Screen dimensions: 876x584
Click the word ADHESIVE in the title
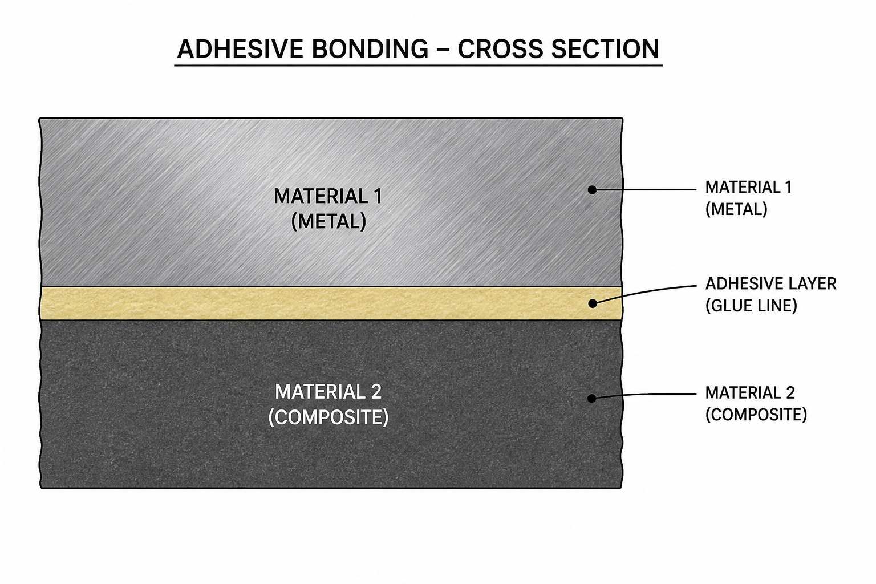click(240, 49)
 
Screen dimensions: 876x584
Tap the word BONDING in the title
click(370, 49)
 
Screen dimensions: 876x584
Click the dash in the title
click(443, 50)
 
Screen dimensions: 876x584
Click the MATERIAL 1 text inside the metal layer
click(328, 196)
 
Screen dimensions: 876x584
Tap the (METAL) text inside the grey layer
click(328, 221)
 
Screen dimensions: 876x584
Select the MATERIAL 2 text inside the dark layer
click(328, 392)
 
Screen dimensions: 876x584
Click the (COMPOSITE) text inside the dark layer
click(328, 417)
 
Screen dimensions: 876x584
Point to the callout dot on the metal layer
click(592, 190)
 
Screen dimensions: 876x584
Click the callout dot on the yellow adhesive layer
click(593, 303)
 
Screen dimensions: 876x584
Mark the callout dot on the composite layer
click(591, 399)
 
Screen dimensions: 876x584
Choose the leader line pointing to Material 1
click(644, 190)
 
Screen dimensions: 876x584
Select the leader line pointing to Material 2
click(644, 395)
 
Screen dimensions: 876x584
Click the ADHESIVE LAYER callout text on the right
click(771, 284)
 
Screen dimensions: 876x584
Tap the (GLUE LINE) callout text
click(751, 306)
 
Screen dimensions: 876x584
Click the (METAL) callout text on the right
click(736, 209)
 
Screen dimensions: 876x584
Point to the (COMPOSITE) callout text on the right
click(756, 415)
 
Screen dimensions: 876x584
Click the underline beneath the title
click(419, 66)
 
